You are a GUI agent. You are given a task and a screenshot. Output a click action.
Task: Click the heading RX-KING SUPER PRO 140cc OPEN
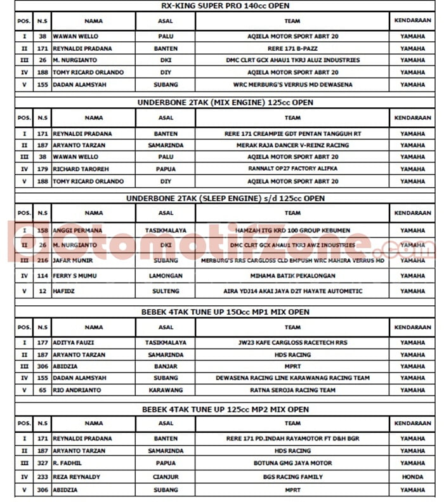(x=225, y=6)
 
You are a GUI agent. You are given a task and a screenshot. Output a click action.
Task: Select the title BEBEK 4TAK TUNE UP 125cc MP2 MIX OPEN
(x=225, y=410)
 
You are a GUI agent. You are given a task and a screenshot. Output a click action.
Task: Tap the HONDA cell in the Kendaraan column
(x=412, y=477)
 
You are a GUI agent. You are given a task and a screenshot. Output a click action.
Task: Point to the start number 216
(x=42, y=261)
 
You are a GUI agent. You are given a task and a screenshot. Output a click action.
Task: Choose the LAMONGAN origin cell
(x=166, y=276)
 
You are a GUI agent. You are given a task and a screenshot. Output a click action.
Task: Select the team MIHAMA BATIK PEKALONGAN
(x=292, y=276)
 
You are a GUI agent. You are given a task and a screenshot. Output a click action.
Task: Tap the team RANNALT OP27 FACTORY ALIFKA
(x=292, y=169)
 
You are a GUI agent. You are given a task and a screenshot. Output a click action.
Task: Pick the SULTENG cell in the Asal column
(x=166, y=291)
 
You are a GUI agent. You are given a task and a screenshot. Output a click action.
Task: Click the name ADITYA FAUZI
(x=73, y=343)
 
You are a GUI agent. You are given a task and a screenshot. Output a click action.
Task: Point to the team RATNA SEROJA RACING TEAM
(x=292, y=390)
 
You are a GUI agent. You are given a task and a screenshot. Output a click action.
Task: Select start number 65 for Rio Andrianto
(x=42, y=390)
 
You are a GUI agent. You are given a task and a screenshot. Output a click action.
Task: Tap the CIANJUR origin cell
(x=166, y=477)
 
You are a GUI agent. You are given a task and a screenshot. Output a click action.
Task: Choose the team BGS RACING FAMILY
(x=292, y=477)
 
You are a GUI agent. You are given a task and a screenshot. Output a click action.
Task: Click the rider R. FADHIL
(x=68, y=465)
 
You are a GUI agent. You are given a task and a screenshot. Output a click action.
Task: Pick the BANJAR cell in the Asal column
(x=166, y=366)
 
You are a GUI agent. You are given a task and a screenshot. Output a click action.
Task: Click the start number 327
(x=42, y=465)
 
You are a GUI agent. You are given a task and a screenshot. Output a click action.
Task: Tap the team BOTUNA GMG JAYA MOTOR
(x=292, y=465)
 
